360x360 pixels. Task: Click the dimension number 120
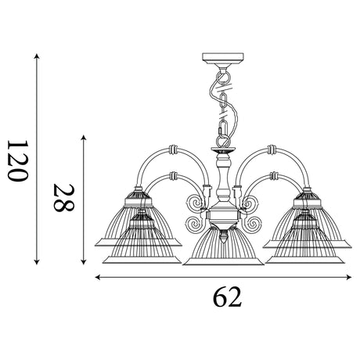pyautogui.click(x=17, y=160)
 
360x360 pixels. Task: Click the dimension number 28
pyautogui.click(x=64, y=197)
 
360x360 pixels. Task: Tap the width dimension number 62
pyautogui.click(x=227, y=297)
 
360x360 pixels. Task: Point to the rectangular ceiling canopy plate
pyautogui.click(x=223, y=59)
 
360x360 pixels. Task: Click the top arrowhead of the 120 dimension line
pyautogui.click(x=37, y=56)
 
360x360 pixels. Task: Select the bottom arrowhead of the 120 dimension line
pyautogui.click(x=37, y=262)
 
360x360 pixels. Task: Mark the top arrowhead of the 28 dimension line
pyautogui.click(x=84, y=138)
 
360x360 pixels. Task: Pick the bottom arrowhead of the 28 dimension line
pyautogui.click(x=84, y=262)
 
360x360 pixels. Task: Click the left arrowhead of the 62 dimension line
pyautogui.click(x=98, y=277)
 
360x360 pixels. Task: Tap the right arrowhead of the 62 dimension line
pyautogui.click(x=349, y=277)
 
